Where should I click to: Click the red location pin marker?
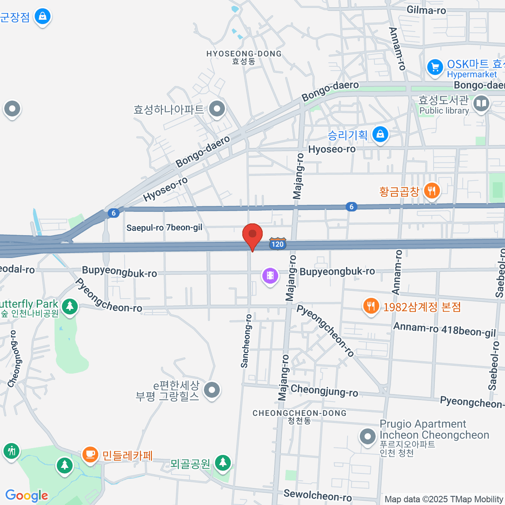(252, 235)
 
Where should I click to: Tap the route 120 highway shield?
(277, 244)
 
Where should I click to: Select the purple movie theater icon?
(270, 276)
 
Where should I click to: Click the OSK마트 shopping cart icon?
(435, 67)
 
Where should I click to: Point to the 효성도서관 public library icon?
(481, 104)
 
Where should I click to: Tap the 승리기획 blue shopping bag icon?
(380, 134)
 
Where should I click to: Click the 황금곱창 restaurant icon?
(431, 191)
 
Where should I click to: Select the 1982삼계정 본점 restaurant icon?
(370, 306)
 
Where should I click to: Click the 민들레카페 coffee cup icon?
(90, 454)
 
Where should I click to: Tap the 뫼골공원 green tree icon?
(223, 463)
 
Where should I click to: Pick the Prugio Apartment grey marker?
(367, 436)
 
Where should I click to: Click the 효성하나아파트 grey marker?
(217, 109)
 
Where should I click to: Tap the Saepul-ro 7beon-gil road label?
(164, 228)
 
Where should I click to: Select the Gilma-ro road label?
(426, 10)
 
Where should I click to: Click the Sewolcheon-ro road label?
(317, 495)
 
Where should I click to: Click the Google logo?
(27, 496)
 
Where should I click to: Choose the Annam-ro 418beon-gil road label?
(444, 330)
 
